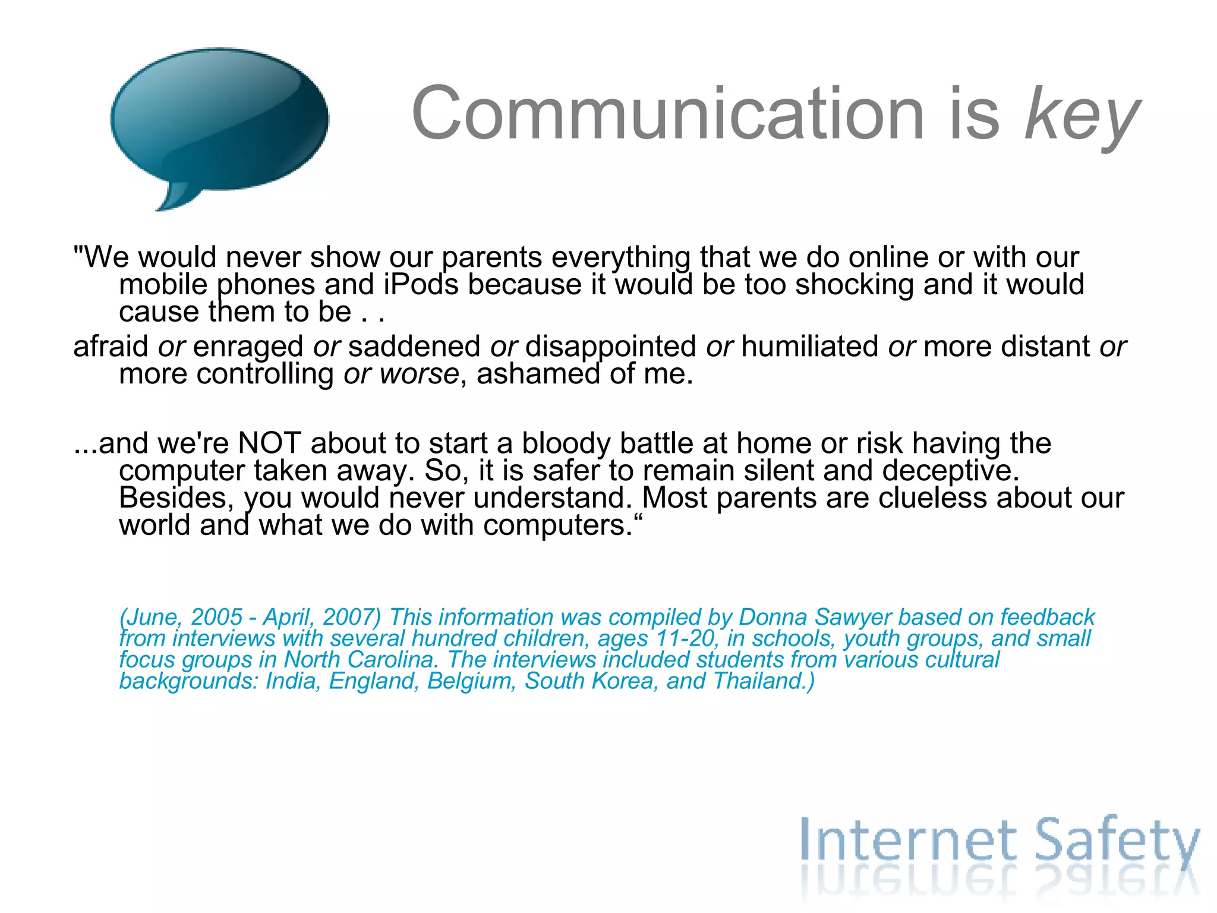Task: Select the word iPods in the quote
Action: tap(421, 285)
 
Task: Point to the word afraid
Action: tap(111, 347)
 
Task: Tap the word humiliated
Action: tap(809, 347)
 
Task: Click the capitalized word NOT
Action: tap(269, 443)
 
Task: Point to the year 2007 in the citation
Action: tap(351, 617)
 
